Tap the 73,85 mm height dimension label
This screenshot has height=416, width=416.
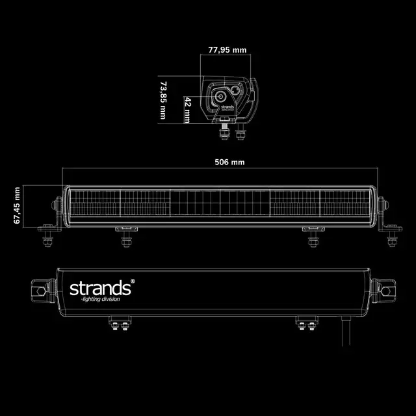163,100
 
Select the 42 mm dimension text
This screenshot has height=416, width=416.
187,110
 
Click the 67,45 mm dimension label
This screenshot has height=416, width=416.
18,205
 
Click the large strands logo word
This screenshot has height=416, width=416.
100,287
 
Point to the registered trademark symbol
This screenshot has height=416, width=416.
133,281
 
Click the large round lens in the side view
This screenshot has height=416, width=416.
215,103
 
